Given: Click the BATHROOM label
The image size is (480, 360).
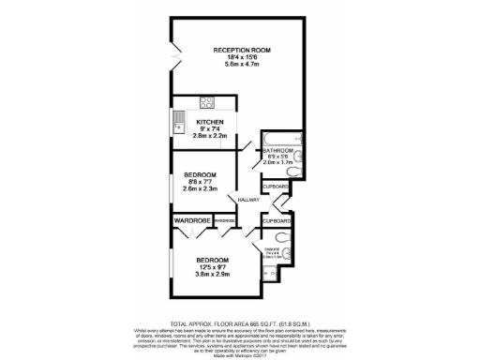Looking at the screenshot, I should click(278, 151).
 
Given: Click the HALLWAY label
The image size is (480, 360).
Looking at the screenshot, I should click(247, 200).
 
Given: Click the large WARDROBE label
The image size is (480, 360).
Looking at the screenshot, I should click(190, 221).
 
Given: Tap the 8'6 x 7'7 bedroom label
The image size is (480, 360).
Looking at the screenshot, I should click(201, 181).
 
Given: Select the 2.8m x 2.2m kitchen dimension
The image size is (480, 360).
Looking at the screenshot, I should click(211, 136).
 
